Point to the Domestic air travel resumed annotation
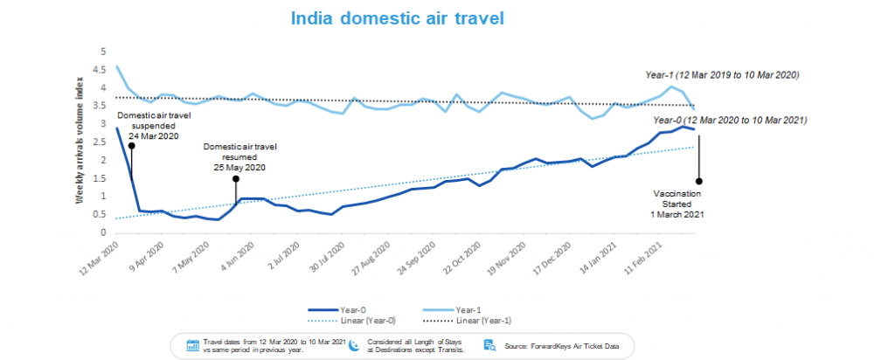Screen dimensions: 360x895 (235, 156)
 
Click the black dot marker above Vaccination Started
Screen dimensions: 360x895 (698, 182)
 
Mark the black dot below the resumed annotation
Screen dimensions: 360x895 (235, 178)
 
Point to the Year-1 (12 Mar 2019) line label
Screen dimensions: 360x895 (722, 75)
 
